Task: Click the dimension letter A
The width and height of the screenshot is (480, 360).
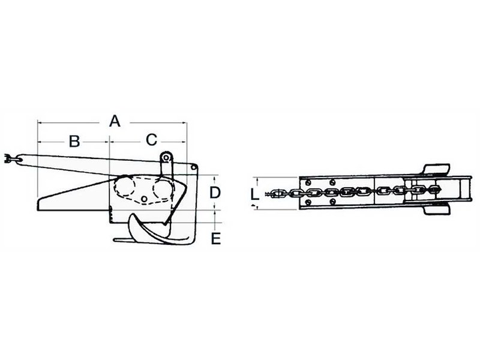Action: [115, 121]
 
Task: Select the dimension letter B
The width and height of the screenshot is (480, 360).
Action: [74, 142]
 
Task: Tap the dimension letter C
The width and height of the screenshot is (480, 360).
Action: [151, 140]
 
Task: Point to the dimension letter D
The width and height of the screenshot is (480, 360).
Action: [215, 193]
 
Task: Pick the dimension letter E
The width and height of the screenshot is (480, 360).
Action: [216, 239]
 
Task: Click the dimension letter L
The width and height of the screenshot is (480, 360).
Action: [254, 194]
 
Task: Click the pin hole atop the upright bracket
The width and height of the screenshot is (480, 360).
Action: [166, 158]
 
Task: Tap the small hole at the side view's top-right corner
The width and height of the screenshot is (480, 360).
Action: [193, 167]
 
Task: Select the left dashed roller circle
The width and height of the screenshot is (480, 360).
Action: [124, 186]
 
